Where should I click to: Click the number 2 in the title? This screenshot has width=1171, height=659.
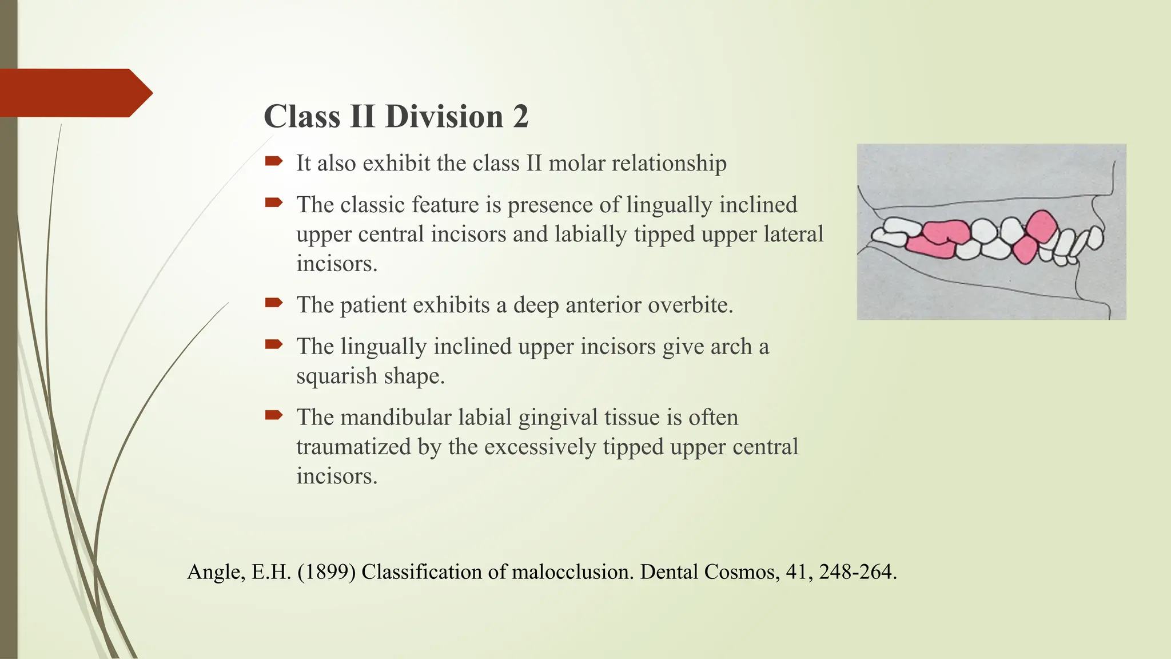pyautogui.click(x=520, y=117)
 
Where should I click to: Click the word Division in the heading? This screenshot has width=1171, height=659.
pyautogui.click(x=444, y=117)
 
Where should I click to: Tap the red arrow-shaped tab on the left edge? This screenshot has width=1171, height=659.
pyautogui.click(x=74, y=93)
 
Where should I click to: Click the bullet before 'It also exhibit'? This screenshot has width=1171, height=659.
pyautogui.click(x=274, y=161)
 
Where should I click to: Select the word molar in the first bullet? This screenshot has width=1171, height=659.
pyautogui.click(x=577, y=163)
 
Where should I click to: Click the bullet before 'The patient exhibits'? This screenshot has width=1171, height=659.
pyautogui.click(x=274, y=303)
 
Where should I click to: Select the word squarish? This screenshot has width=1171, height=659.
pyautogui.click(x=337, y=376)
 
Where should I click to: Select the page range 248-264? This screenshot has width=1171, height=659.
pyautogui.click(x=858, y=571)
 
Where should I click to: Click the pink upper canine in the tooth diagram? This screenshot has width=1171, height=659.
pyautogui.click(x=1041, y=225)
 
